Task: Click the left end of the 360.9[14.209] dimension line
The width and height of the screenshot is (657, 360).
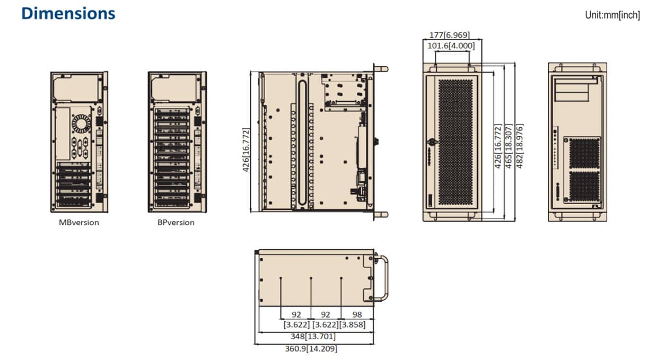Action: [255, 344]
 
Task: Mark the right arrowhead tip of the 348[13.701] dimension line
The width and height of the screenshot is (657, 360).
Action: [374, 332]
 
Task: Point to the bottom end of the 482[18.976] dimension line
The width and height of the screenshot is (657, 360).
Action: [515, 221]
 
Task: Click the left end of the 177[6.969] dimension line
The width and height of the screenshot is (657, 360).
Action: [423, 39]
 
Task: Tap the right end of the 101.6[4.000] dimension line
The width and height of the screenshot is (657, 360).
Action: [470, 51]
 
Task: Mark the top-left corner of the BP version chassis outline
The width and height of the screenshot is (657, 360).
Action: [148, 72]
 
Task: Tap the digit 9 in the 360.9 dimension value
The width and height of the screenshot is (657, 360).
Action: [302, 349]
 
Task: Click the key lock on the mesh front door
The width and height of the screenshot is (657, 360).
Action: [432, 142]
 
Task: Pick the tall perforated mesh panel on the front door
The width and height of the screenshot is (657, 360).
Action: [455, 143]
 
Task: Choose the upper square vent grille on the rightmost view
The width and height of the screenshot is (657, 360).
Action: [584, 153]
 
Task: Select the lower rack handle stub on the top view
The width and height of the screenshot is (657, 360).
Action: [381, 215]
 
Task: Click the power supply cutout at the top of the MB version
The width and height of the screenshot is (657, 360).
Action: [76, 88]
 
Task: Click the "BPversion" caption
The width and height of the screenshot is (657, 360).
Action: [176, 223]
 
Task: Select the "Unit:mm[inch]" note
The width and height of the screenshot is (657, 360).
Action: [612, 15]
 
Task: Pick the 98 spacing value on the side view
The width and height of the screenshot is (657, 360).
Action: [357, 314]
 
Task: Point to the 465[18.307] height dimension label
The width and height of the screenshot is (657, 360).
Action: [509, 146]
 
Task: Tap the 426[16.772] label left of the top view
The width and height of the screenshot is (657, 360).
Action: [246, 150]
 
